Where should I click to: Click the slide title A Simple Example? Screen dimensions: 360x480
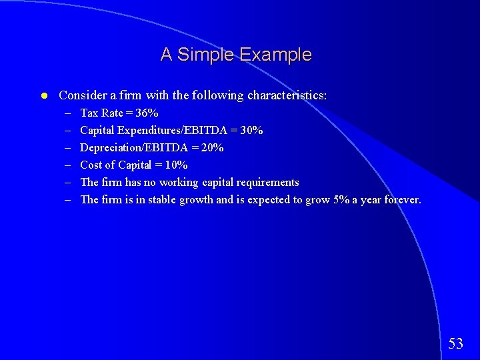coord(235,55)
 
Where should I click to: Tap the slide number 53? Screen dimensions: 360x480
coord(455,344)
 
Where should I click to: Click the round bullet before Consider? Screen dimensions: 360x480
coord(43,96)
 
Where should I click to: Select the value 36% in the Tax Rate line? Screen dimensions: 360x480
coord(147,113)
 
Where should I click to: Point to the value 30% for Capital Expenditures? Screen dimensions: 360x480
coord(251,131)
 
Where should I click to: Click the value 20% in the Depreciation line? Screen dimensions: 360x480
coord(212,148)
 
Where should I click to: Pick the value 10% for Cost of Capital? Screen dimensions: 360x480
coord(176,165)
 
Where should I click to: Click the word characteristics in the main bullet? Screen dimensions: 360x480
coord(287,96)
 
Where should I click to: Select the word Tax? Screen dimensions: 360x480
coord(89,113)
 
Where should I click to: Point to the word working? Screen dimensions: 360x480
coord(178,183)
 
